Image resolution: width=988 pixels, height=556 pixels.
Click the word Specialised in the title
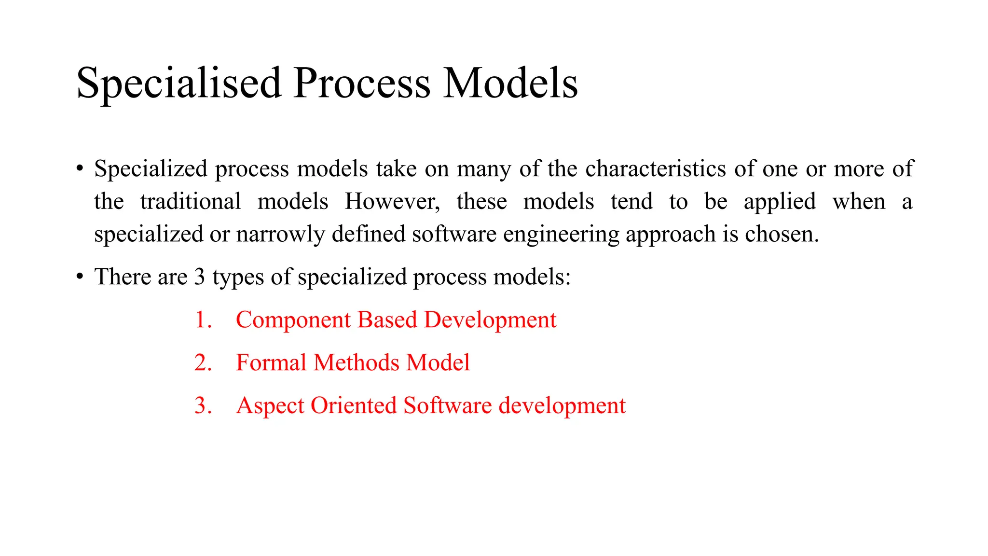coord(178,83)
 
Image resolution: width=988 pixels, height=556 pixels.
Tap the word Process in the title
coord(361,83)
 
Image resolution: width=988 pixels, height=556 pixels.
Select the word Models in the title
coord(510,83)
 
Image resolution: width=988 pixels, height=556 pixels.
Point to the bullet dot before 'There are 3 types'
coord(80,278)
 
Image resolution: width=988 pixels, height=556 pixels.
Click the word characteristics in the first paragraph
coord(656,169)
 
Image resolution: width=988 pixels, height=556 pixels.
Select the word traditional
coord(191,202)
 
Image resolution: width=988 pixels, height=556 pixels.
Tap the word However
coord(392,202)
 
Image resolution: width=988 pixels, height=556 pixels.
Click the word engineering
coord(561,235)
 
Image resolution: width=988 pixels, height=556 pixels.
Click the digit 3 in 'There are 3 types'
coord(199,277)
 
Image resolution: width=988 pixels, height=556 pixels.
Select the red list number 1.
coord(202,320)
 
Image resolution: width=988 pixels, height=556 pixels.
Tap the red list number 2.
coord(203,363)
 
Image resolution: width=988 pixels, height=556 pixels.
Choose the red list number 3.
coord(203,406)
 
